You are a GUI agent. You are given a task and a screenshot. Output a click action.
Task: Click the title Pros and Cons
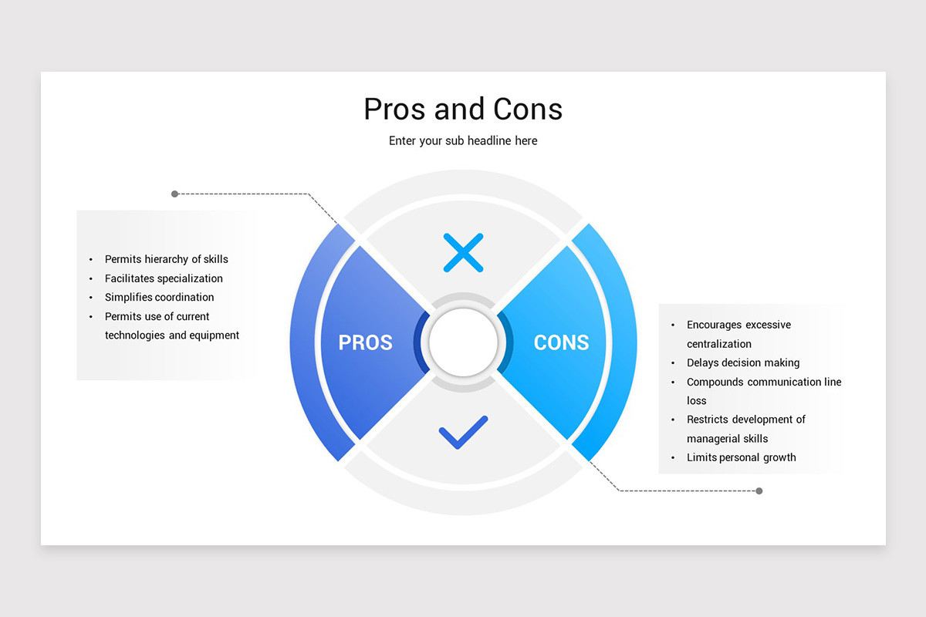(x=463, y=109)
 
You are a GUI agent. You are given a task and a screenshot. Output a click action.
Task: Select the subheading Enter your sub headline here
(x=463, y=141)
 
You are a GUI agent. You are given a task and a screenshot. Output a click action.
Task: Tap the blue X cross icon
(x=463, y=252)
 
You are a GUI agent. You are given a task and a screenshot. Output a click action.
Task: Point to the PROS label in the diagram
(x=365, y=342)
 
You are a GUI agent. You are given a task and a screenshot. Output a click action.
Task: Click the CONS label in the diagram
(x=561, y=342)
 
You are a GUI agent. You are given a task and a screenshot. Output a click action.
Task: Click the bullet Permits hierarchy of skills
(x=166, y=259)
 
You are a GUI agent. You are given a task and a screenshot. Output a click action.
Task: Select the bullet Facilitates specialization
(x=164, y=278)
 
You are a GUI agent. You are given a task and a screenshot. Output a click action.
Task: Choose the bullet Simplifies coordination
(x=159, y=297)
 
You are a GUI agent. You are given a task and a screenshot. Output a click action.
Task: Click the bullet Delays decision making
(x=743, y=362)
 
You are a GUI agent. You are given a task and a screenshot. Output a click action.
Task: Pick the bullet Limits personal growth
(x=741, y=457)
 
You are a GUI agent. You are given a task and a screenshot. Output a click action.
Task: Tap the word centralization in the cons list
(x=719, y=344)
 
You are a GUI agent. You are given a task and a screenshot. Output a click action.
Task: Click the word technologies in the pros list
(x=135, y=335)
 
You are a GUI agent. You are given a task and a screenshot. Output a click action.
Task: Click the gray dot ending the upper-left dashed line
(x=175, y=194)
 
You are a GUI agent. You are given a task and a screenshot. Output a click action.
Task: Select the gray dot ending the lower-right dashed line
(x=759, y=491)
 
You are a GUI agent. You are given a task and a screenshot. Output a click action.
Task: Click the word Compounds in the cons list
(x=715, y=382)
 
